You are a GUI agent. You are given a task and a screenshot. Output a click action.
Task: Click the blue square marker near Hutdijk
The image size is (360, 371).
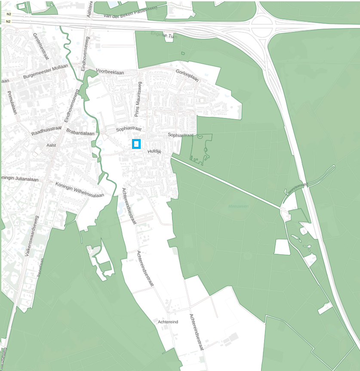(x=136, y=144)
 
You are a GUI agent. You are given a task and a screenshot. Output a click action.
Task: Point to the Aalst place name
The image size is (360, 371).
(x=51, y=145)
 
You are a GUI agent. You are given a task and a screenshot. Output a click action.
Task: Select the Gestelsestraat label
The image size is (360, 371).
(x=41, y=46)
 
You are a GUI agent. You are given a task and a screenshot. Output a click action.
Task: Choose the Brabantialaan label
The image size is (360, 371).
(x=80, y=133)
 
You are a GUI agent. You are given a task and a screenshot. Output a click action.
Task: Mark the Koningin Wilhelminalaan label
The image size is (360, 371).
(x=80, y=190)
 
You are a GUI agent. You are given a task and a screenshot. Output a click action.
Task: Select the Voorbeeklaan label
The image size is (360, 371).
(x=110, y=72)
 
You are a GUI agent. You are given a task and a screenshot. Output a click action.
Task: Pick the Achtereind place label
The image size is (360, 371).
(x=168, y=322)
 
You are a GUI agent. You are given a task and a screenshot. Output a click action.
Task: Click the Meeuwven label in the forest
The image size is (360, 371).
(x=238, y=206)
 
